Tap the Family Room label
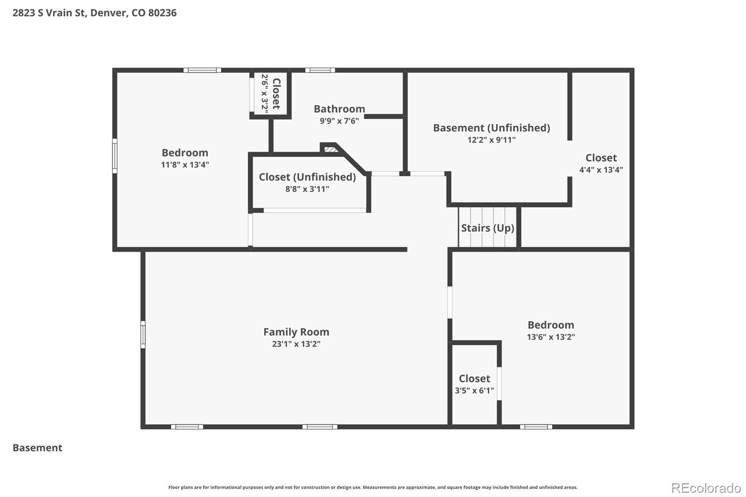point(296,332)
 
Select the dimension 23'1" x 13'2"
point(296,344)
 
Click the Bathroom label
point(339,109)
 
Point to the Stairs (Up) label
point(488,228)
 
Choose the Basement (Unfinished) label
point(491,128)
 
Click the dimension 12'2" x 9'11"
point(491,140)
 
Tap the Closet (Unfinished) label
point(307,177)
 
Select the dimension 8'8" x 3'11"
point(307,189)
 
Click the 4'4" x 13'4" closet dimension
point(601,170)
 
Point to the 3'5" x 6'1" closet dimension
point(475,390)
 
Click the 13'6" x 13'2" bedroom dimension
point(551,337)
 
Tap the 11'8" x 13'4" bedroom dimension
point(185,165)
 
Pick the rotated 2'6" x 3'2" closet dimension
point(265,93)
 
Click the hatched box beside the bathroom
point(331,149)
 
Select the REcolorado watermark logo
point(706,488)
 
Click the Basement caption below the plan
point(37,448)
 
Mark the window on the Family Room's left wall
point(143,334)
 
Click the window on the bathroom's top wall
point(320,70)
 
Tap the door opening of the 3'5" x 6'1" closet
point(499,383)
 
